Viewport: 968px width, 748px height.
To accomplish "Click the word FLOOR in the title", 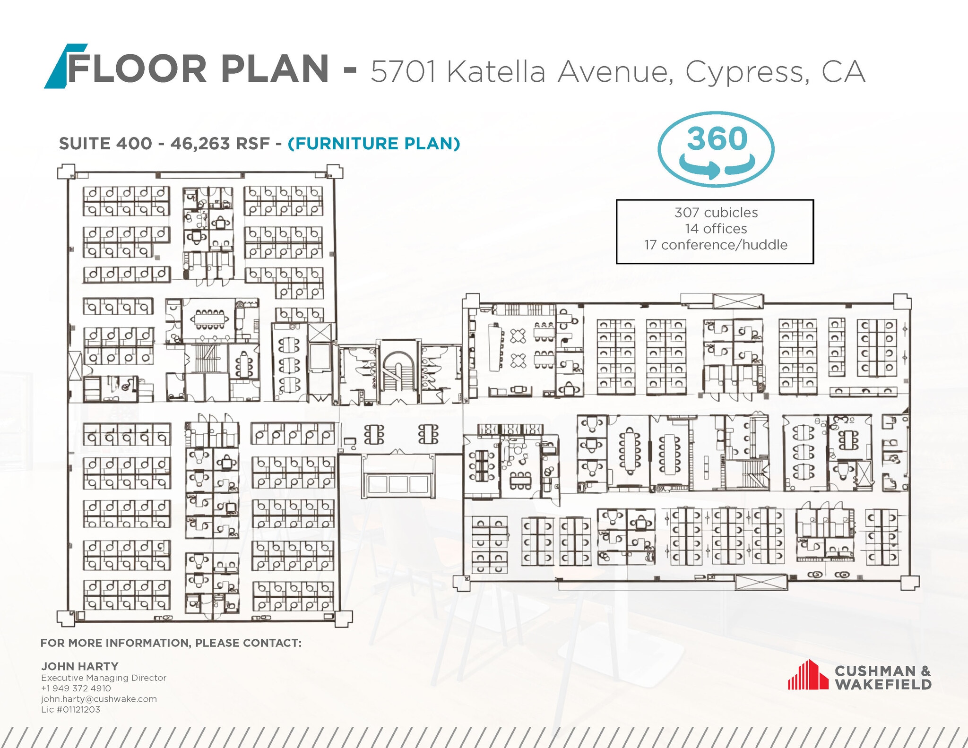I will click(137, 69).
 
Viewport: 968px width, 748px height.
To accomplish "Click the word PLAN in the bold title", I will click(275, 69).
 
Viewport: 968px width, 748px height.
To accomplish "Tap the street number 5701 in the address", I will click(403, 72).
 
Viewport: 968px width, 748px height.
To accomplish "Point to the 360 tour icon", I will click(716, 149).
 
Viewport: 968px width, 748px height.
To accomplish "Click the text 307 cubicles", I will click(716, 213).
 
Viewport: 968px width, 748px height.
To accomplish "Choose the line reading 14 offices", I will click(716, 229).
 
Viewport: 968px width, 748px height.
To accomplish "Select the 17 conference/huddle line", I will click(716, 245).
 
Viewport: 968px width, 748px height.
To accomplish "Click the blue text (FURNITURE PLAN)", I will click(374, 143).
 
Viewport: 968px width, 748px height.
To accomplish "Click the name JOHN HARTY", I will click(80, 666).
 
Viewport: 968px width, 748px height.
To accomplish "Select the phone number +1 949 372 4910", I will click(76, 688).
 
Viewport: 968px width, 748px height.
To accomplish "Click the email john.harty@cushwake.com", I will click(99, 699).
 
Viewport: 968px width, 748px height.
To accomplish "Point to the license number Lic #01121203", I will click(70, 709).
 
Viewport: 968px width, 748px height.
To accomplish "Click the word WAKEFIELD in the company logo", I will click(883, 684).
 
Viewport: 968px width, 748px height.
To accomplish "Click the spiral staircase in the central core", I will click(398, 368).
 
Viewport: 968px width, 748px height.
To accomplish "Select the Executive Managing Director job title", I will click(104, 678).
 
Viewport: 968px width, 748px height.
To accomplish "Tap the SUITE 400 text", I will click(105, 143).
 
